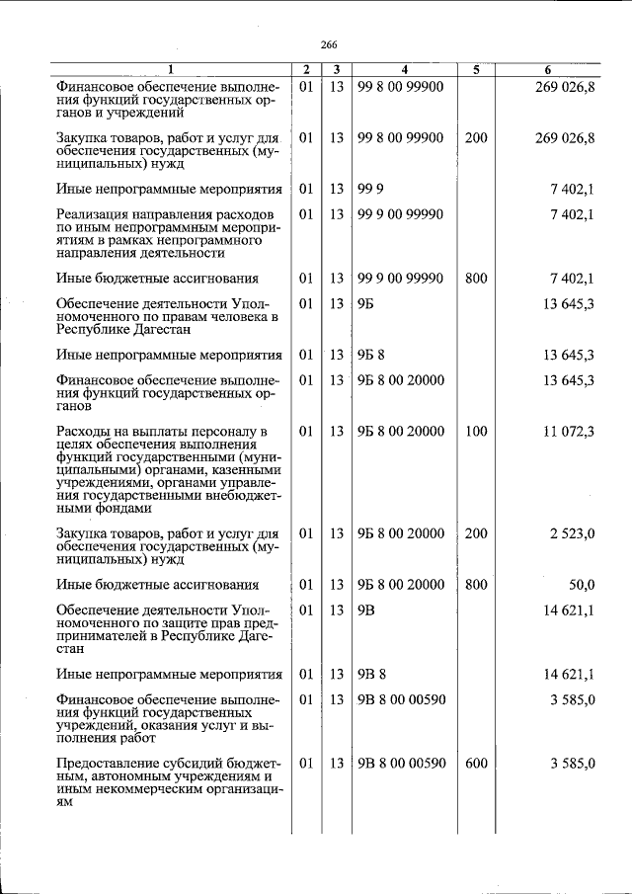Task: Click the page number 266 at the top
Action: click(329, 44)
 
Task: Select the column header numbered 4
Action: click(404, 70)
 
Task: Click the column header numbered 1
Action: click(170, 70)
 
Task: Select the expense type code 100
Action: click(476, 432)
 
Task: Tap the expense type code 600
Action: click(476, 764)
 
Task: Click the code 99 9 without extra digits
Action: click(370, 189)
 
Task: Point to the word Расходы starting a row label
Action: click(86, 432)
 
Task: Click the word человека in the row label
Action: click(241, 317)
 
